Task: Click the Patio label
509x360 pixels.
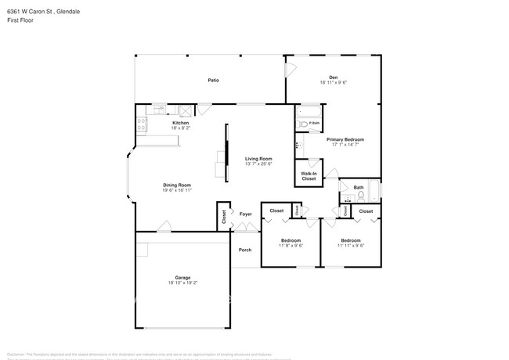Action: (213, 81)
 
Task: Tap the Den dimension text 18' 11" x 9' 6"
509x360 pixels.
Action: (333, 82)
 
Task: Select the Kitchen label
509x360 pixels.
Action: (180, 123)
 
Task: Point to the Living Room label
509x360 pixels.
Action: (258, 159)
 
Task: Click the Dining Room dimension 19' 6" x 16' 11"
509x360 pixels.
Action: (177, 190)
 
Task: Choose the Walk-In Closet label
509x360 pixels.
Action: (309, 176)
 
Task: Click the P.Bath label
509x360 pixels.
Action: (314, 124)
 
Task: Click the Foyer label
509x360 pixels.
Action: (246, 214)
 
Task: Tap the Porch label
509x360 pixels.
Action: (245, 250)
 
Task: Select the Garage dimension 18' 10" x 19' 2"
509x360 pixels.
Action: (182, 283)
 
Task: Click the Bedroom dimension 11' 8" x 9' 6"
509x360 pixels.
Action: (291, 246)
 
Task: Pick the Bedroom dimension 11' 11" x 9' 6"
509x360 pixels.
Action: (351, 246)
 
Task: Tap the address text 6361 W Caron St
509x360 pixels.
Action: (28, 12)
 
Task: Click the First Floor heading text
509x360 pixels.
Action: (18, 20)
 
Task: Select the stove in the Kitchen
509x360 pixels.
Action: (141, 123)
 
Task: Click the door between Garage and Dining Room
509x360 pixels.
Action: (163, 228)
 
